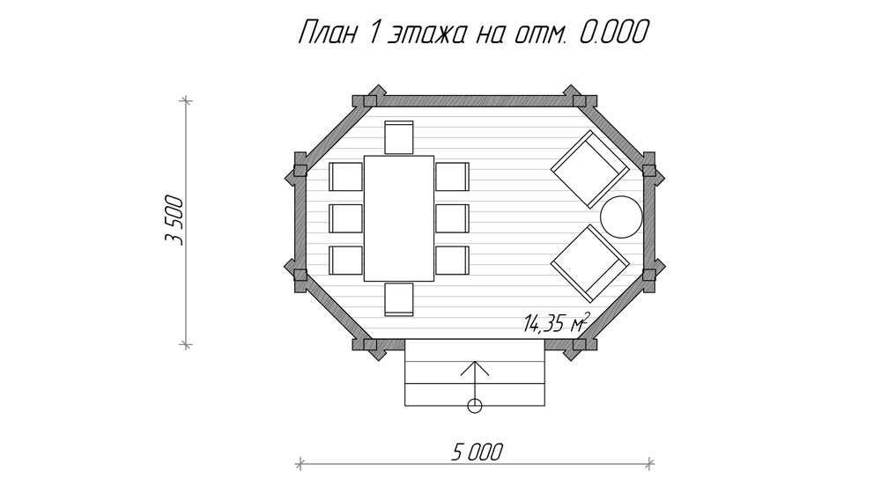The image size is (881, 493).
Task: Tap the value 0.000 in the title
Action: coord(613,33)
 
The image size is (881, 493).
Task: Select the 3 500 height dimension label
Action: coord(174,220)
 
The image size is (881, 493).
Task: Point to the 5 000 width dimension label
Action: coord(477,452)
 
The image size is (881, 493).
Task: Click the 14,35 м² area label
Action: coord(556,322)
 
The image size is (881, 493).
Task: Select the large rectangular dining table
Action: coord(399,218)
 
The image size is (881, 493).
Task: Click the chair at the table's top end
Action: coord(399,137)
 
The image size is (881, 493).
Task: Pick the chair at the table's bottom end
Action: coord(399,299)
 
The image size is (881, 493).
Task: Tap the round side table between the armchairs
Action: coord(621,217)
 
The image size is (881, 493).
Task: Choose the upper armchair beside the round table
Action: coord(589,169)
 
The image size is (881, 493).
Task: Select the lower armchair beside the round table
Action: coord(589,263)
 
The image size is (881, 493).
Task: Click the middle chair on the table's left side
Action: coord(345,218)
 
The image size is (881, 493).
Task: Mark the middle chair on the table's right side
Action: coord(452,218)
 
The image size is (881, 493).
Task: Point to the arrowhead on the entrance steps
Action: coord(475,368)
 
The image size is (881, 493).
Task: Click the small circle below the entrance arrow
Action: coord(475,406)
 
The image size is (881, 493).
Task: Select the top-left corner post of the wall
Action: coord(370,101)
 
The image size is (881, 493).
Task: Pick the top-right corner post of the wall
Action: coord(580,101)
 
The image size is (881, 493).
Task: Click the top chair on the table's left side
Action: coord(345,177)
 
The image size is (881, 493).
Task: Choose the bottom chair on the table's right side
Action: coord(452,261)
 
